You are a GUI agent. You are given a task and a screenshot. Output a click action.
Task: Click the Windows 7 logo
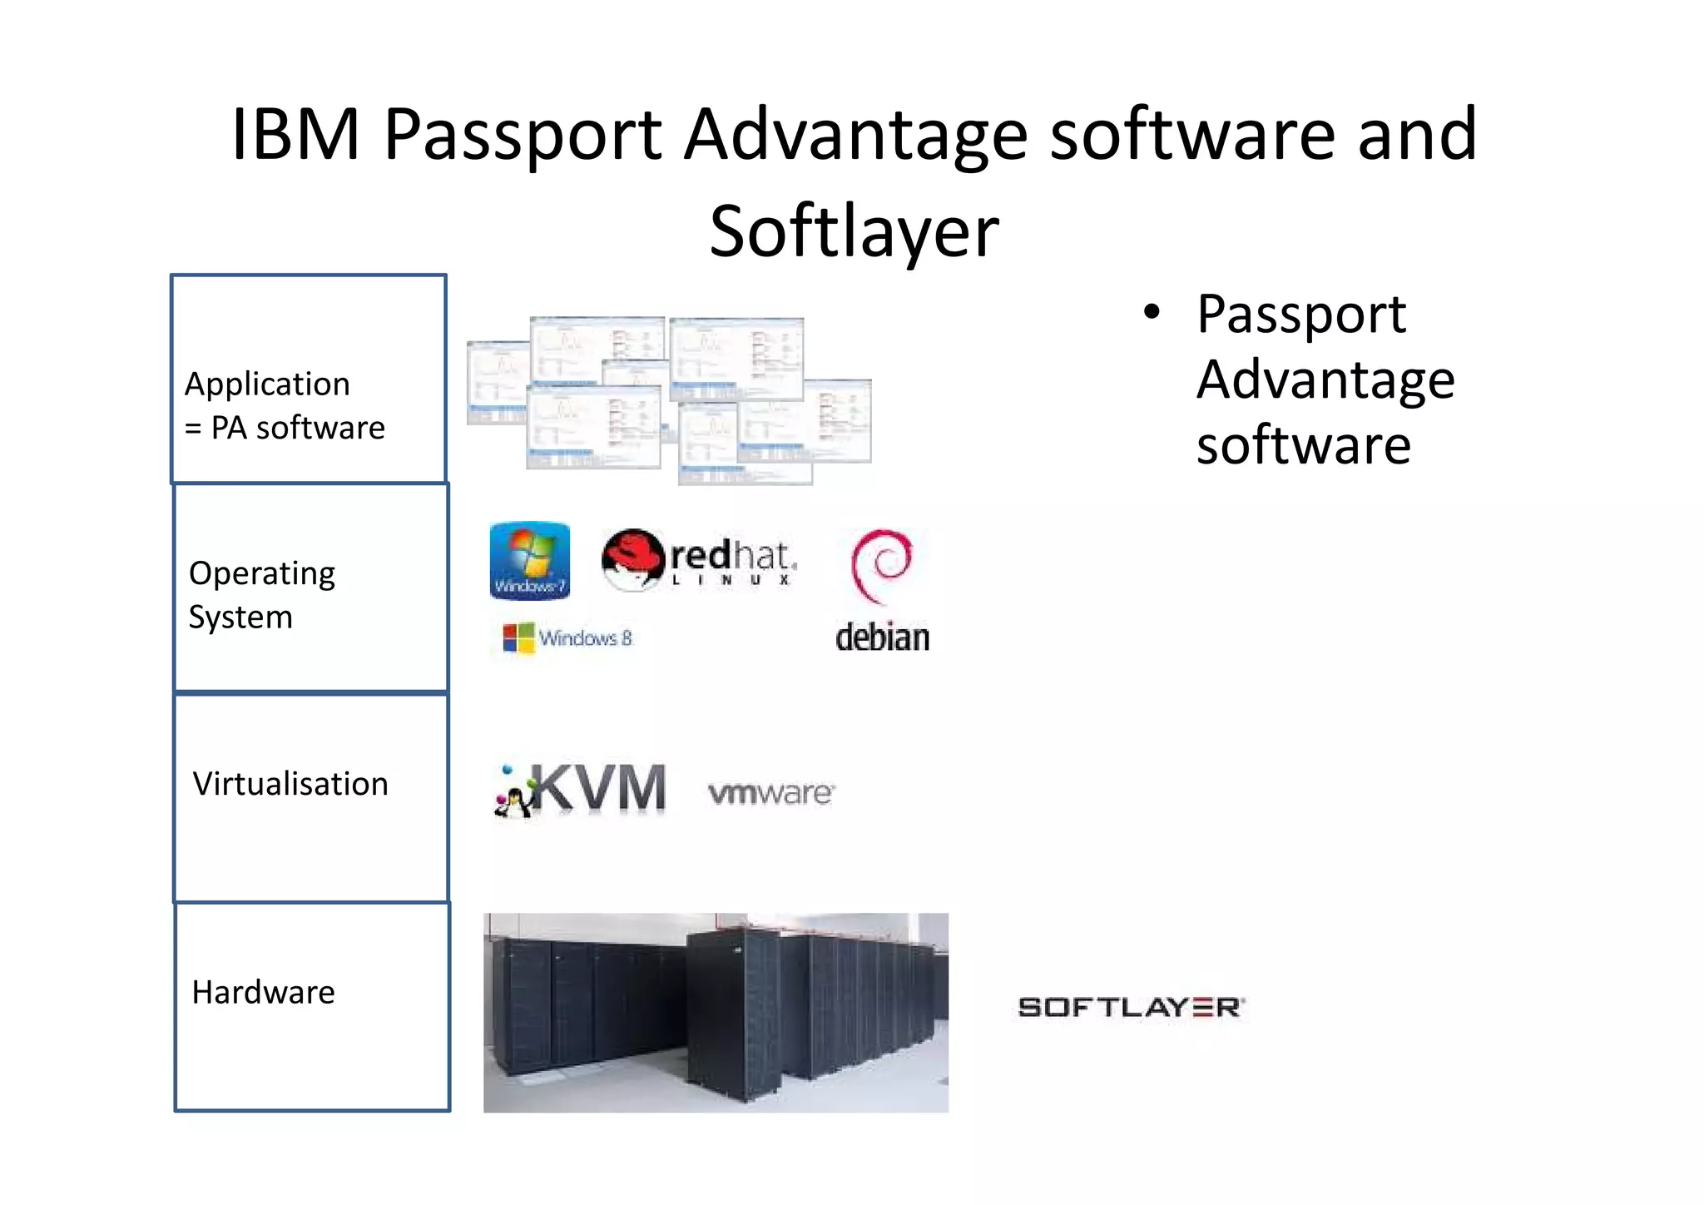point(530,560)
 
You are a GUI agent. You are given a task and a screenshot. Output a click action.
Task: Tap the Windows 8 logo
point(568,638)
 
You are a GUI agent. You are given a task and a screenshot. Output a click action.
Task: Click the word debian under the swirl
point(882,637)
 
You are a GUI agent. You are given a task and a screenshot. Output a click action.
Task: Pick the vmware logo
point(770,792)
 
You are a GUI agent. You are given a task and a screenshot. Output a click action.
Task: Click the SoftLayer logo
point(1131,1007)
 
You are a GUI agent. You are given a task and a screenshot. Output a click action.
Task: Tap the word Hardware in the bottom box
point(263,992)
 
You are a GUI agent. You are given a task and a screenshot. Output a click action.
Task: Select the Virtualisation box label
point(290,784)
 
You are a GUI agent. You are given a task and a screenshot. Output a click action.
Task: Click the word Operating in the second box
point(262,573)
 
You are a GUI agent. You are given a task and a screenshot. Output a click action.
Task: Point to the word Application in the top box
point(267,384)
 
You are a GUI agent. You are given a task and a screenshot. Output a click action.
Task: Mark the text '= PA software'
point(285,428)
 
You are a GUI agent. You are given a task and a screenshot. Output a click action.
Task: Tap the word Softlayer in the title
point(854,231)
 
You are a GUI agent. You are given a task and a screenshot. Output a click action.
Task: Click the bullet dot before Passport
point(1152,313)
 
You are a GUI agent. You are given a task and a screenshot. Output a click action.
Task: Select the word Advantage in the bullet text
point(1325,379)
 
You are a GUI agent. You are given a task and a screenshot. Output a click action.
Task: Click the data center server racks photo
point(716,1012)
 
